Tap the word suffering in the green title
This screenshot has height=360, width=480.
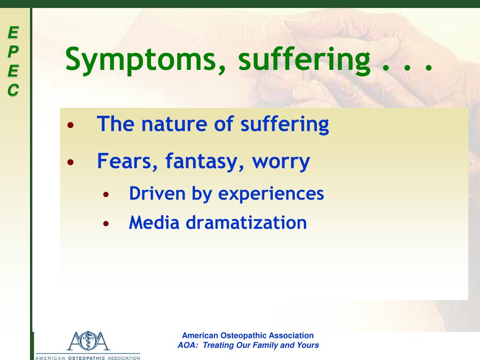click(x=304, y=59)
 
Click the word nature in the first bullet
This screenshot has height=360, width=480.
click(x=174, y=124)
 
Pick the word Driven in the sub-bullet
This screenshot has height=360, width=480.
click(x=157, y=194)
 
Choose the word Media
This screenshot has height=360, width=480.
click(x=154, y=223)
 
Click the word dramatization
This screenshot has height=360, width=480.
click(x=247, y=223)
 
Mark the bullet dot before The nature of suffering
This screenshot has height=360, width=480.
click(x=71, y=125)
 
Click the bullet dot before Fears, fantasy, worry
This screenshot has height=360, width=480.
click(x=71, y=162)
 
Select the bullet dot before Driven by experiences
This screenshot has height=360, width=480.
click(x=106, y=194)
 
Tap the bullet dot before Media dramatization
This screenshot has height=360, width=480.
click(x=106, y=224)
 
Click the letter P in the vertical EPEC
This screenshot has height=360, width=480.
click(x=13, y=52)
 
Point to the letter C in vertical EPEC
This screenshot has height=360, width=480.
click(x=13, y=90)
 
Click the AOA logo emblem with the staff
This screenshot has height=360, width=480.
click(x=88, y=341)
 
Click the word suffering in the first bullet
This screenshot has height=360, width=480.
click(x=285, y=125)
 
